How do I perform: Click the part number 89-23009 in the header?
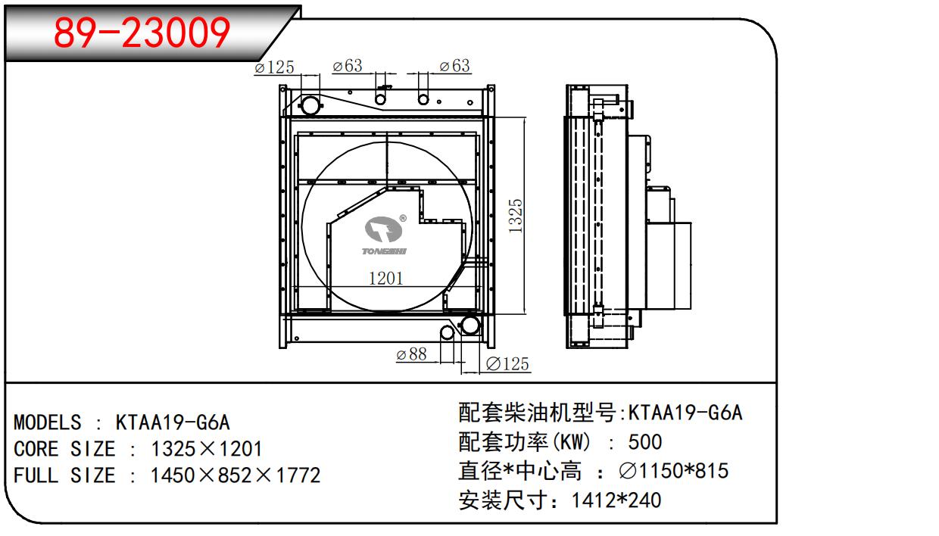pos(143,33)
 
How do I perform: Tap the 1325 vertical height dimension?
pos(516,217)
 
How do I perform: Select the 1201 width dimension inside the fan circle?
pos(385,278)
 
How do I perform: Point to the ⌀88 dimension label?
pos(412,354)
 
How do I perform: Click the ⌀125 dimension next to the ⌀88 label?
pos(506,364)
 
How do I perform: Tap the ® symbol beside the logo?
pos(402,218)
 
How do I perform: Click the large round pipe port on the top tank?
pos(310,104)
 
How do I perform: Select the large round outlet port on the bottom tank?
pos(469,327)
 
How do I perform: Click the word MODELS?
pos(47,422)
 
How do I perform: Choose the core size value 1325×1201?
pos(207,449)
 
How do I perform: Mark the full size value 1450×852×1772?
pos(236,475)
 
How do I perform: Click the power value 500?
pos(644,441)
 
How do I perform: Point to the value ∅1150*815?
pos(673,471)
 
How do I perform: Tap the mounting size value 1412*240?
pos(616,500)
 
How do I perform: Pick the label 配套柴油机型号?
pos(538,413)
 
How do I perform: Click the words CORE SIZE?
pos(64,449)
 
